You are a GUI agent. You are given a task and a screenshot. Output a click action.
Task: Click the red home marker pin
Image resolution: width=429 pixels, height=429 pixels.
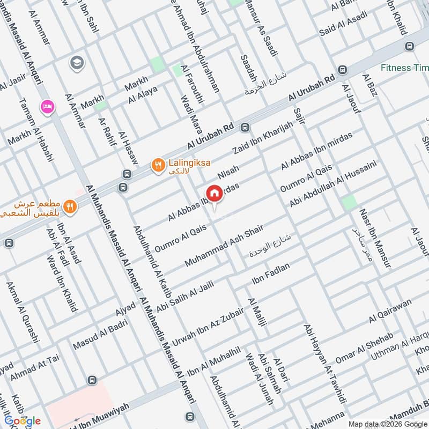point(214,193)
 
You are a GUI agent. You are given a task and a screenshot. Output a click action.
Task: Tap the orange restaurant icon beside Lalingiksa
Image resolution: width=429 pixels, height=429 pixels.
point(157,165)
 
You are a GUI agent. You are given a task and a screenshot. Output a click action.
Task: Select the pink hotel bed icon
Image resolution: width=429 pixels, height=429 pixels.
point(47,107)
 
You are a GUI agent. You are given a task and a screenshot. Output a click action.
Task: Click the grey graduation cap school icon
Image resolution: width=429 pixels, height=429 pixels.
point(77,63)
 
